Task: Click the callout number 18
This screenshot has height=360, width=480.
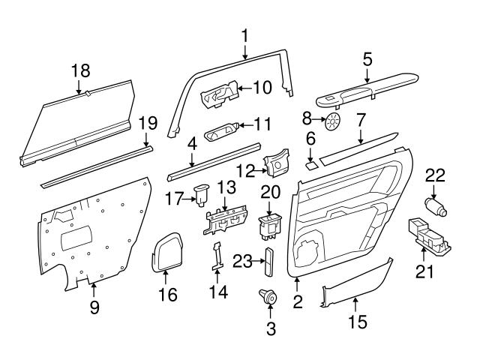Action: click(x=80, y=70)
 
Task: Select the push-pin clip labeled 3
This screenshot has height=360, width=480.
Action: click(x=268, y=297)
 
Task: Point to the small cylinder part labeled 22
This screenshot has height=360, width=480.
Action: click(x=434, y=206)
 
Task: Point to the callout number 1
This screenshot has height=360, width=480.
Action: click(x=244, y=34)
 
